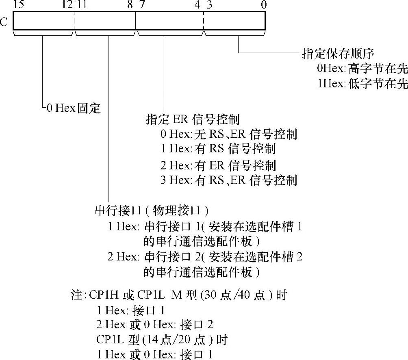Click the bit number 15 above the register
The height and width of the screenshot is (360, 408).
click(x=18, y=5)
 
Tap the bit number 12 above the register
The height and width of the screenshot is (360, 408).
click(x=67, y=5)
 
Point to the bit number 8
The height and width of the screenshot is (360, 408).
click(x=130, y=5)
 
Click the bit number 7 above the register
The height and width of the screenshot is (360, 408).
click(x=141, y=5)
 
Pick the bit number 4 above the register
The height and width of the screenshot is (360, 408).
click(x=197, y=5)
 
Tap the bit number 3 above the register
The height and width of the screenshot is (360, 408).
click(x=209, y=5)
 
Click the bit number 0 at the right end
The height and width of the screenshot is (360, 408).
click(x=263, y=5)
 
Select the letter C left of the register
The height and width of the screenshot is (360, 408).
click(x=4, y=21)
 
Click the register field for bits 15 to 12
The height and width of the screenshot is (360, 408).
click(x=43, y=20)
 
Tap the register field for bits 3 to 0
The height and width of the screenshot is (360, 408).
click(x=234, y=20)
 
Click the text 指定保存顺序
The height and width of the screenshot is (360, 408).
click(x=338, y=54)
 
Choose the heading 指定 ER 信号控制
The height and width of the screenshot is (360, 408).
click(x=192, y=119)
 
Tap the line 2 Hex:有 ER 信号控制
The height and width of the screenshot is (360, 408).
click(x=218, y=165)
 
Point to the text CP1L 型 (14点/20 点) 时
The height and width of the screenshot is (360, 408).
click(x=162, y=339)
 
